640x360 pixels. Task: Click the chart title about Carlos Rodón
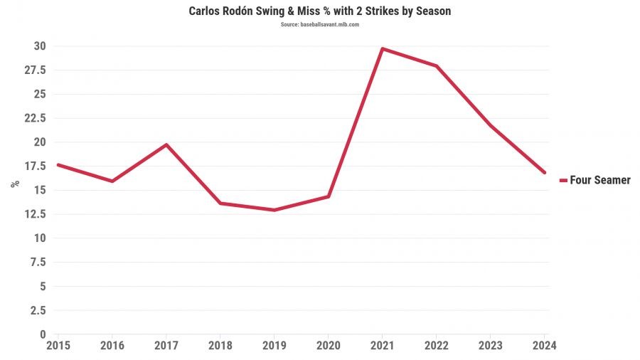point(319,11)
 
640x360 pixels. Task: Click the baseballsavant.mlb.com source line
point(319,25)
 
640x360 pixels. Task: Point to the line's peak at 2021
point(382,48)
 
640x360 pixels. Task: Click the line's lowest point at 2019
point(274,210)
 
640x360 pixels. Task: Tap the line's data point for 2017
point(166,144)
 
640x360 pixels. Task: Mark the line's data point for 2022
point(436,66)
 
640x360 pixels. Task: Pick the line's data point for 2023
point(490,125)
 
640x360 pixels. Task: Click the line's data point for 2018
point(220,203)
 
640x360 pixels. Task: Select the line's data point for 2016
point(112,181)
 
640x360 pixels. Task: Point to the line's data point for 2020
point(328,196)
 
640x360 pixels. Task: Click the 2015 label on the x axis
point(58,346)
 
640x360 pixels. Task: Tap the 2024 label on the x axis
point(544,346)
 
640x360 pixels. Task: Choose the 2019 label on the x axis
point(274,346)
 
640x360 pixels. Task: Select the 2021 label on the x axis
point(382,346)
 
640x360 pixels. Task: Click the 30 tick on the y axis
point(40,46)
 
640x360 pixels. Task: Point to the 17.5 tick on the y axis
point(35,166)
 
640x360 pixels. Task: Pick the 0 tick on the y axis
point(43,334)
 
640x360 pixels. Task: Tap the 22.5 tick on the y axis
point(35,118)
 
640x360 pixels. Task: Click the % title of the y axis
point(15,184)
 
